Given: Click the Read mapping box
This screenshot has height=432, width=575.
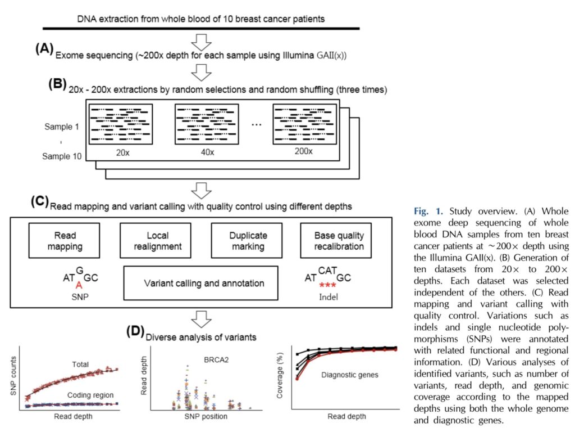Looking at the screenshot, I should [65, 241].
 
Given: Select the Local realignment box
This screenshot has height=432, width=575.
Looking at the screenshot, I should [153, 241].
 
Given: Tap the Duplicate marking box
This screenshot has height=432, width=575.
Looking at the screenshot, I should [248, 241].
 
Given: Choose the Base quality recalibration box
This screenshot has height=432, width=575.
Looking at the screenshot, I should [339, 241].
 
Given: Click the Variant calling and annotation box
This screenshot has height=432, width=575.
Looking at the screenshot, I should [204, 283].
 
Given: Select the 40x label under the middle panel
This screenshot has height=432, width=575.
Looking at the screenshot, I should [209, 152].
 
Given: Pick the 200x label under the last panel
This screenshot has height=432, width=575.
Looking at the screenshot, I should [306, 152].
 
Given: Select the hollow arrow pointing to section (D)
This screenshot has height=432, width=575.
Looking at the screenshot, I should [200, 319].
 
